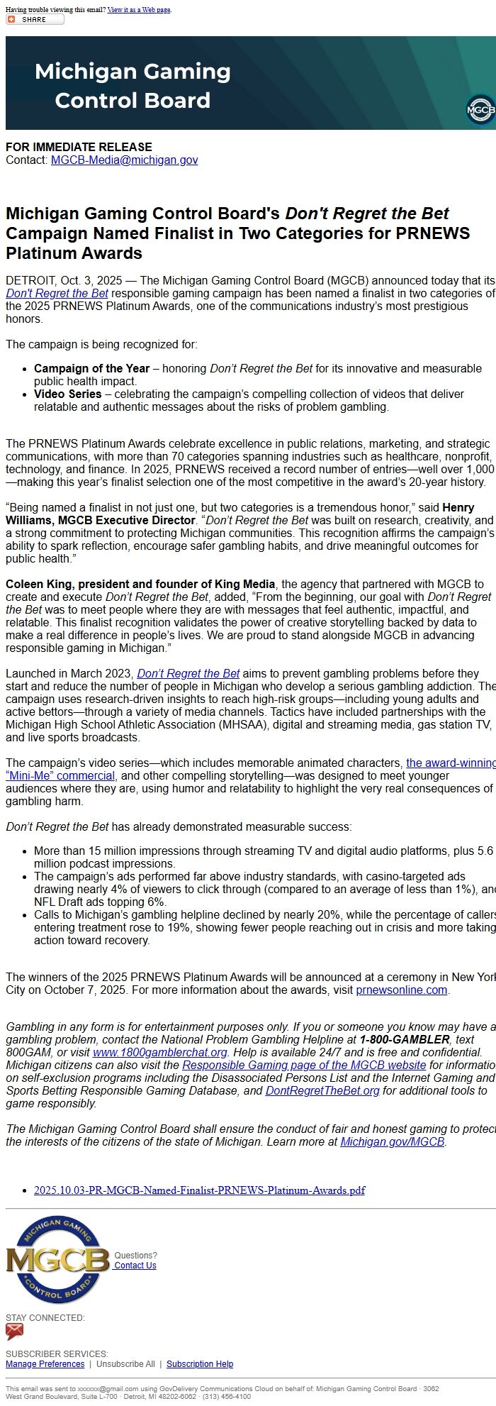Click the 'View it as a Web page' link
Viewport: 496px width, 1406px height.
click(x=139, y=10)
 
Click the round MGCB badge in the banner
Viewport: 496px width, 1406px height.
click(x=481, y=110)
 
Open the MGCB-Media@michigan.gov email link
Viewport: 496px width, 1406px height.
click(x=124, y=160)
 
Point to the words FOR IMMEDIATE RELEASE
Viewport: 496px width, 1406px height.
click(x=79, y=147)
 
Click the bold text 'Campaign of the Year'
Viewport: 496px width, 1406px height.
click(x=91, y=368)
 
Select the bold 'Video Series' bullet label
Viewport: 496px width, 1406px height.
click(x=67, y=394)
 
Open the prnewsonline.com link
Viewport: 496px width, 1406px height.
click(x=401, y=990)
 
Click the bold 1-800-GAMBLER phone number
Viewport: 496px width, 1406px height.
click(x=405, y=1040)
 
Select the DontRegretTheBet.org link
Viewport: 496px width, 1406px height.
click(x=322, y=1091)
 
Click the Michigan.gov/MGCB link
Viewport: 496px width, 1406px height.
click(x=392, y=1142)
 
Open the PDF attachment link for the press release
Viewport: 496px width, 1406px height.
click(x=199, y=1190)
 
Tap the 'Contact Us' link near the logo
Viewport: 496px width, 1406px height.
click(x=135, y=1266)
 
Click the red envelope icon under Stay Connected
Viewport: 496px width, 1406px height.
click(x=14, y=1332)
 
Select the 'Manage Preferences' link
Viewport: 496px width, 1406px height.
click(x=45, y=1364)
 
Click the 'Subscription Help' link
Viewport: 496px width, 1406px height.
click(x=200, y=1364)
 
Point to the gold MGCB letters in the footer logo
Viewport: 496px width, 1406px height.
click(x=57, y=1260)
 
